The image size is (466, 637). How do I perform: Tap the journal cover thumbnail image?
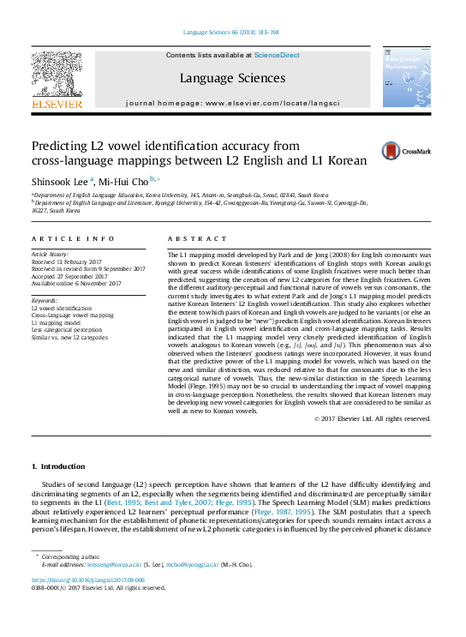point(406,78)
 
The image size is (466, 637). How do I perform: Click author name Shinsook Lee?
point(60,182)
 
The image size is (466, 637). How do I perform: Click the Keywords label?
point(44,301)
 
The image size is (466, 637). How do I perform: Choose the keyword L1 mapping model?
point(55,322)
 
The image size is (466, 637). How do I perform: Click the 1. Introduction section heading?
point(58,466)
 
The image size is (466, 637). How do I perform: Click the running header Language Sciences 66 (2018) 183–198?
point(231,33)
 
